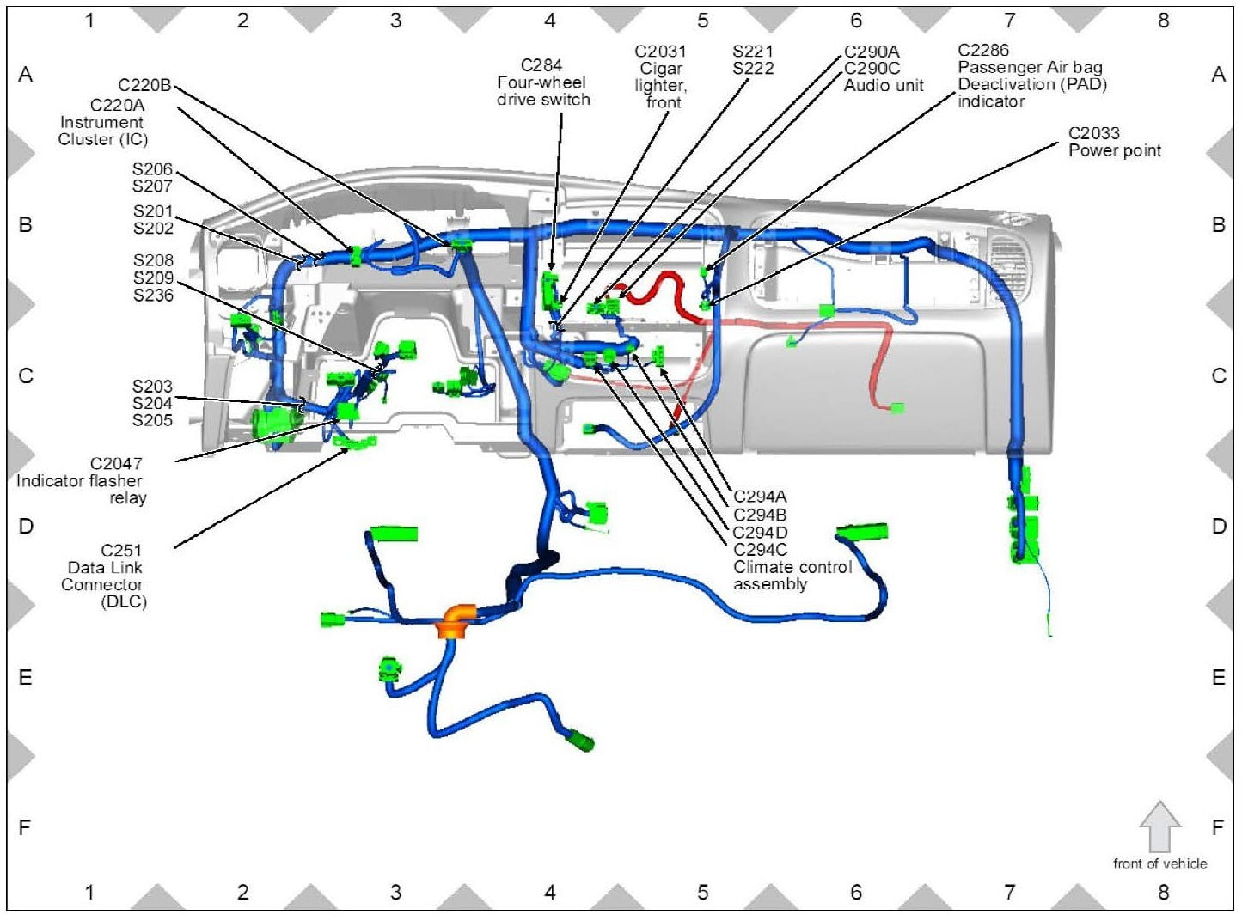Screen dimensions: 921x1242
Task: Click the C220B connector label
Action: pyautogui.click(x=144, y=85)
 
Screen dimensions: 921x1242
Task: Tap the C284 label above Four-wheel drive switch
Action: pyautogui.click(x=541, y=65)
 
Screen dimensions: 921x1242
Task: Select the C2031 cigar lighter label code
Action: pyautogui.click(x=660, y=52)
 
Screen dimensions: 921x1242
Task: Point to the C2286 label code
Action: pyautogui.click(x=983, y=50)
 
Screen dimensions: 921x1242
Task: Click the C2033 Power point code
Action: pyautogui.click(x=1093, y=133)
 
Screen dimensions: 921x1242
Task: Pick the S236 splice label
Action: pyautogui.click(x=153, y=295)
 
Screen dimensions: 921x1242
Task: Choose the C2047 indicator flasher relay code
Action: pyautogui.click(x=116, y=464)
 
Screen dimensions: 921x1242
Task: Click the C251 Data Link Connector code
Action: pyautogui.click(x=121, y=550)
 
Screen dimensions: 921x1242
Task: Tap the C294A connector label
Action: pyautogui.click(x=760, y=497)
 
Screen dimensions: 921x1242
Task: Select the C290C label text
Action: pyautogui.click(x=872, y=68)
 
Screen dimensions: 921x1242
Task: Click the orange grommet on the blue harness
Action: pyautogui.click(x=457, y=620)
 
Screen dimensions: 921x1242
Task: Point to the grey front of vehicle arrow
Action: pyautogui.click(x=1159, y=826)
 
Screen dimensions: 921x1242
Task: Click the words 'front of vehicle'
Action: pyautogui.click(x=1159, y=863)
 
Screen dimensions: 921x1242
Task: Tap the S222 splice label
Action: pyautogui.click(x=753, y=69)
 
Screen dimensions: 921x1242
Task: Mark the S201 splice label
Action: pyautogui.click(x=153, y=211)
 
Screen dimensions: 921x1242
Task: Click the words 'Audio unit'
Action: pyautogui.click(x=884, y=85)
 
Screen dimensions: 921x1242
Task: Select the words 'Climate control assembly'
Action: pyautogui.click(x=792, y=576)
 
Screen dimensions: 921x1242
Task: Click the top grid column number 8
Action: pyautogui.click(x=1163, y=21)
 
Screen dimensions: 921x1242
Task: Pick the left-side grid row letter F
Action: pyautogui.click(x=25, y=827)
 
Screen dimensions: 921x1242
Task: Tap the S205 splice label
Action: pyautogui.click(x=152, y=420)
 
